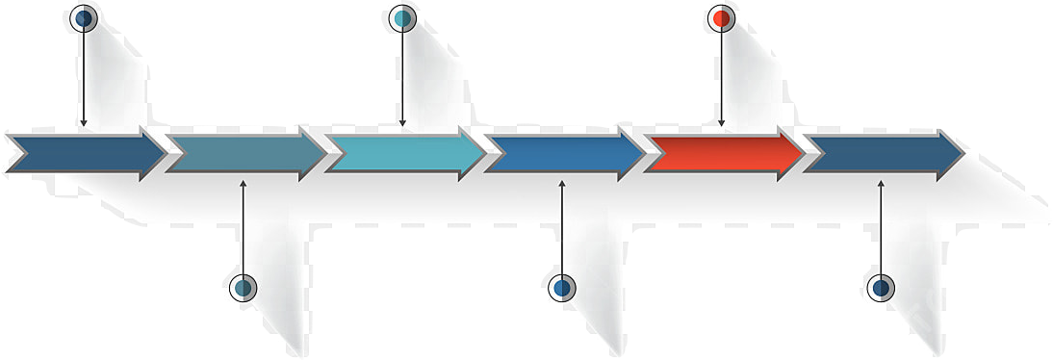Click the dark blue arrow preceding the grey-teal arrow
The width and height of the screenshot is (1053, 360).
pyautogui.click(x=82, y=153)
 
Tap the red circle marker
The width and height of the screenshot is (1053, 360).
pyautogui.click(x=721, y=17)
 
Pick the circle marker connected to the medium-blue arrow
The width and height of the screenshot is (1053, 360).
pyautogui.click(x=562, y=287)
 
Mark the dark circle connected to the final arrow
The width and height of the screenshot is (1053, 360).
pyautogui.click(x=881, y=287)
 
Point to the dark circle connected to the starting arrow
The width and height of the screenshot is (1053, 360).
pyautogui.click(x=85, y=17)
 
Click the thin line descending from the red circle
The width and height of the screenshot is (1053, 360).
pyautogui.click(x=721, y=77)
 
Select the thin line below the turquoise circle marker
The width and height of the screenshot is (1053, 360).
pyautogui.click(x=402, y=77)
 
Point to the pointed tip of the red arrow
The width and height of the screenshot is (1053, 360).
pyautogui.click(x=802, y=153)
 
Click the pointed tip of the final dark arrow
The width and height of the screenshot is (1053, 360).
pyautogui.click(x=962, y=153)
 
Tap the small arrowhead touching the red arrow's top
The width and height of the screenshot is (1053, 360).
pyautogui.click(x=721, y=123)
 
